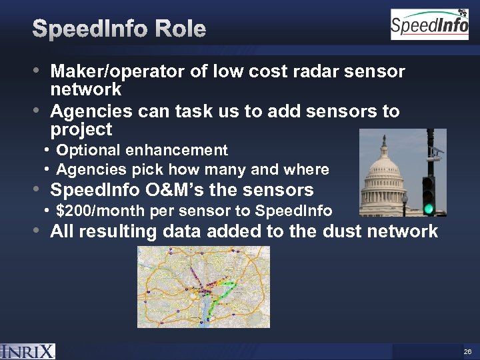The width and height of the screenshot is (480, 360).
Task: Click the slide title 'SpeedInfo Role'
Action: pyautogui.click(x=119, y=29)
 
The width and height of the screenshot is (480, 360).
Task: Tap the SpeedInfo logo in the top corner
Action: pyautogui.click(x=429, y=25)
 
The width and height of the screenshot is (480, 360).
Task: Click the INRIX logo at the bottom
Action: pyautogui.click(x=28, y=351)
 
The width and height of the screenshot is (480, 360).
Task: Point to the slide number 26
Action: pyautogui.click(x=467, y=351)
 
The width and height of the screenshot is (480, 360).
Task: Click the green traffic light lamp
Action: pyautogui.click(x=429, y=209)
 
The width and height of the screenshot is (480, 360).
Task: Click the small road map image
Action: pyautogui.click(x=203, y=287)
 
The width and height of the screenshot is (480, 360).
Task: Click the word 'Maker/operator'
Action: pyautogui.click(x=118, y=71)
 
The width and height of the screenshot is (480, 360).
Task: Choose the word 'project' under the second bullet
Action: pyautogui.click(x=81, y=129)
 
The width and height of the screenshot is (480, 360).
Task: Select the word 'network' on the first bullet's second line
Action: pyautogui.click(x=86, y=89)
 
